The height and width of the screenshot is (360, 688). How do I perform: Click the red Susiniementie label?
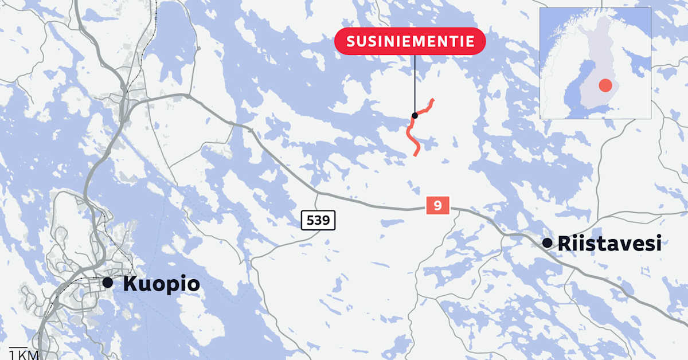409,41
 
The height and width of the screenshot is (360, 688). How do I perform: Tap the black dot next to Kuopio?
107,283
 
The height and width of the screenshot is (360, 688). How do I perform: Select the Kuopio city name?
161,284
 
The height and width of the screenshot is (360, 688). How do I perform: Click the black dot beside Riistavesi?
547,243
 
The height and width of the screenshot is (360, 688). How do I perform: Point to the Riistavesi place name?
609,244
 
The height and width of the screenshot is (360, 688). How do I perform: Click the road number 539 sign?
318,220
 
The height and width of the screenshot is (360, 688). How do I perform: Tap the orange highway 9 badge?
438,205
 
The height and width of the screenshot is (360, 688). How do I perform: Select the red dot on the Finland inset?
605,86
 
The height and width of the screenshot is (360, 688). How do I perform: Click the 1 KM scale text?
24,355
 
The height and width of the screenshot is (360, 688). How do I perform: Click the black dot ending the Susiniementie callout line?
415,115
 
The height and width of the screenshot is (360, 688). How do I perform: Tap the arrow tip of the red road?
432,99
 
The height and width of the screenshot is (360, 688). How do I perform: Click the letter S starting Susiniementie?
351,41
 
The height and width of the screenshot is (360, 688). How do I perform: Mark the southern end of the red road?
416,155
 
